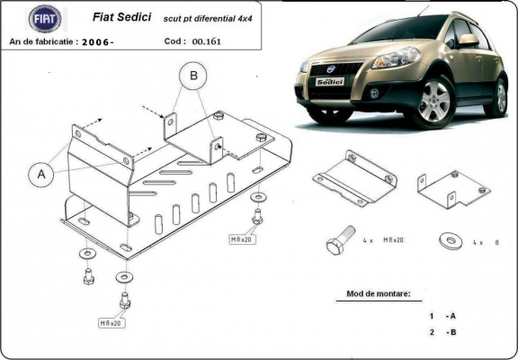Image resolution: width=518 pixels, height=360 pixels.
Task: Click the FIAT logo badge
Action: [x=45, y=18]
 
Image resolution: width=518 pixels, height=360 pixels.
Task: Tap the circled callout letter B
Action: [x=191, y=77]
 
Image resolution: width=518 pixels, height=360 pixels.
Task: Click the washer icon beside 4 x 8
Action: [x=447, y=241]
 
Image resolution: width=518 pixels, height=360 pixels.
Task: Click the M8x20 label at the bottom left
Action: [x=112, y=321]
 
